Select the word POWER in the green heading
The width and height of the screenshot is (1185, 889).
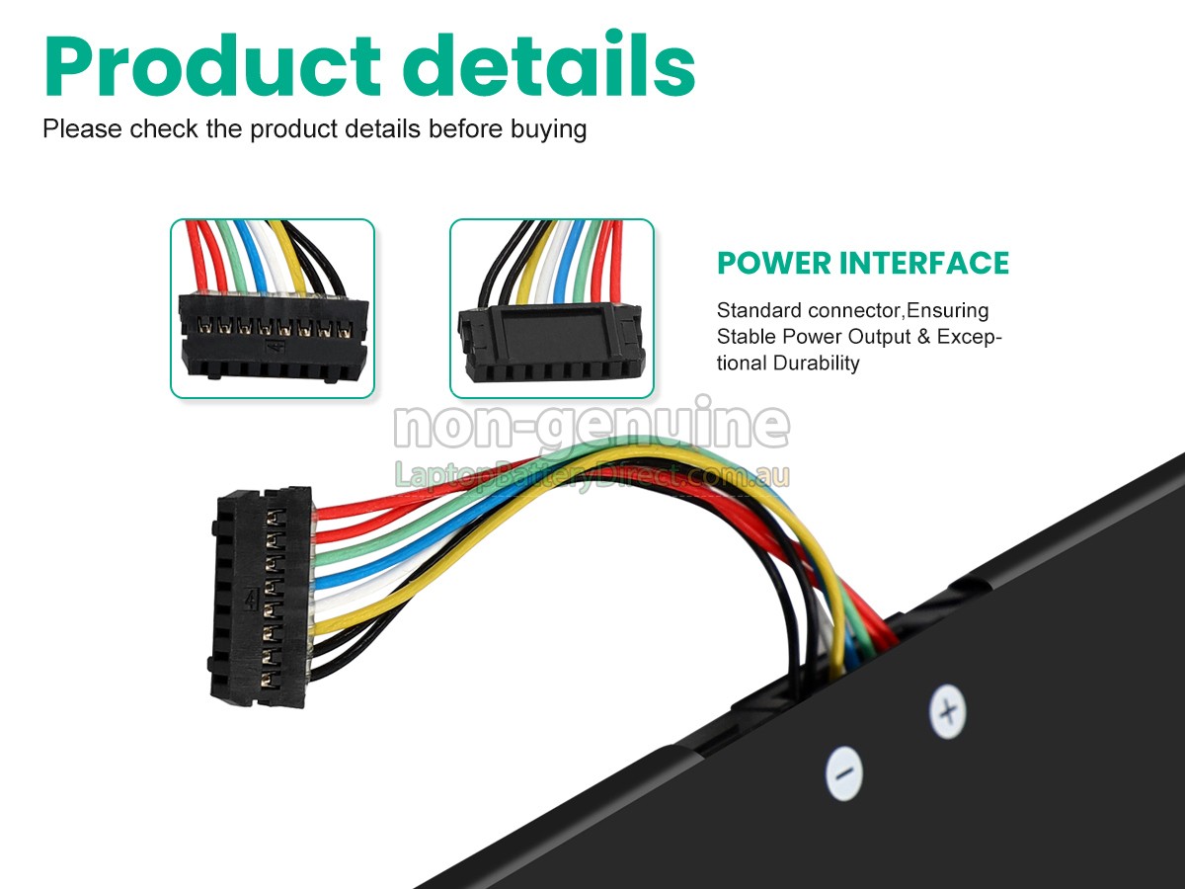click(x=774, y=264)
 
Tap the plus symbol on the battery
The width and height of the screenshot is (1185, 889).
click(x=948, y=711)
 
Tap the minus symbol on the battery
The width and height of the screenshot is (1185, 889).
click(x=843, y=773)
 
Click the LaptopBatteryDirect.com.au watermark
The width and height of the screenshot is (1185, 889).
click(x=592, y=475)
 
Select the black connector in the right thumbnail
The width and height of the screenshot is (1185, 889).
click(x=552, y=344)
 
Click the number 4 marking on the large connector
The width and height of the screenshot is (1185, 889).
click(x=251, y=600)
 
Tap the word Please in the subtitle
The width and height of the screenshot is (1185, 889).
click(x=83, y=129)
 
